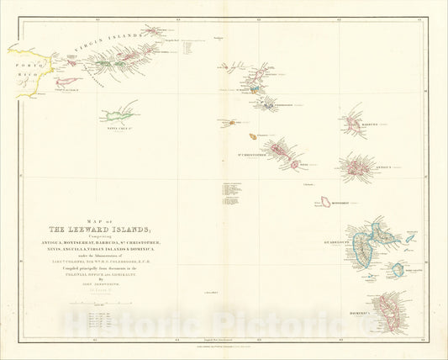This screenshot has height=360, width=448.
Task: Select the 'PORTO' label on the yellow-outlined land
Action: pos(25,61)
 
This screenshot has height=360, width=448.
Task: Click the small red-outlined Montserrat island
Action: pos(324,202)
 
